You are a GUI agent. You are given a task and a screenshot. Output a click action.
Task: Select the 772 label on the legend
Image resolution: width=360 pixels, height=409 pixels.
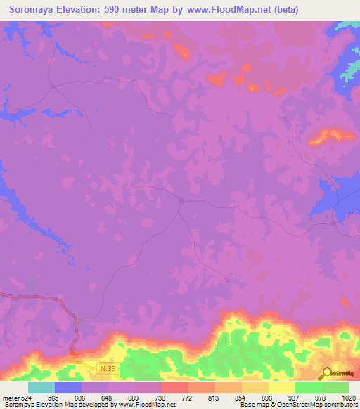click(188, 398)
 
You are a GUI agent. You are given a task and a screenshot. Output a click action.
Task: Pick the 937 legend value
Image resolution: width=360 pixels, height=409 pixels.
click(295, 398)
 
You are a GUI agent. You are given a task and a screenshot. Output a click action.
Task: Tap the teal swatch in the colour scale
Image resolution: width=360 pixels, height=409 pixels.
click(41, 387)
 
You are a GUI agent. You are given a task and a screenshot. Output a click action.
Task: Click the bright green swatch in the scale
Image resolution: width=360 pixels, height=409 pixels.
click(308, 387)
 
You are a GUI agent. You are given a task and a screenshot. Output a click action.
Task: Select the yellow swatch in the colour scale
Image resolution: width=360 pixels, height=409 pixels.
click(281, 387)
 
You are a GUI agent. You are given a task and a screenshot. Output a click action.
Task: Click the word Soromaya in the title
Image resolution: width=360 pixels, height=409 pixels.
click(38, 10)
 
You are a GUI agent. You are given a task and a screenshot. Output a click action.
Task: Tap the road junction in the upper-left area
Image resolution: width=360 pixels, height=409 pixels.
click(53, 86)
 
